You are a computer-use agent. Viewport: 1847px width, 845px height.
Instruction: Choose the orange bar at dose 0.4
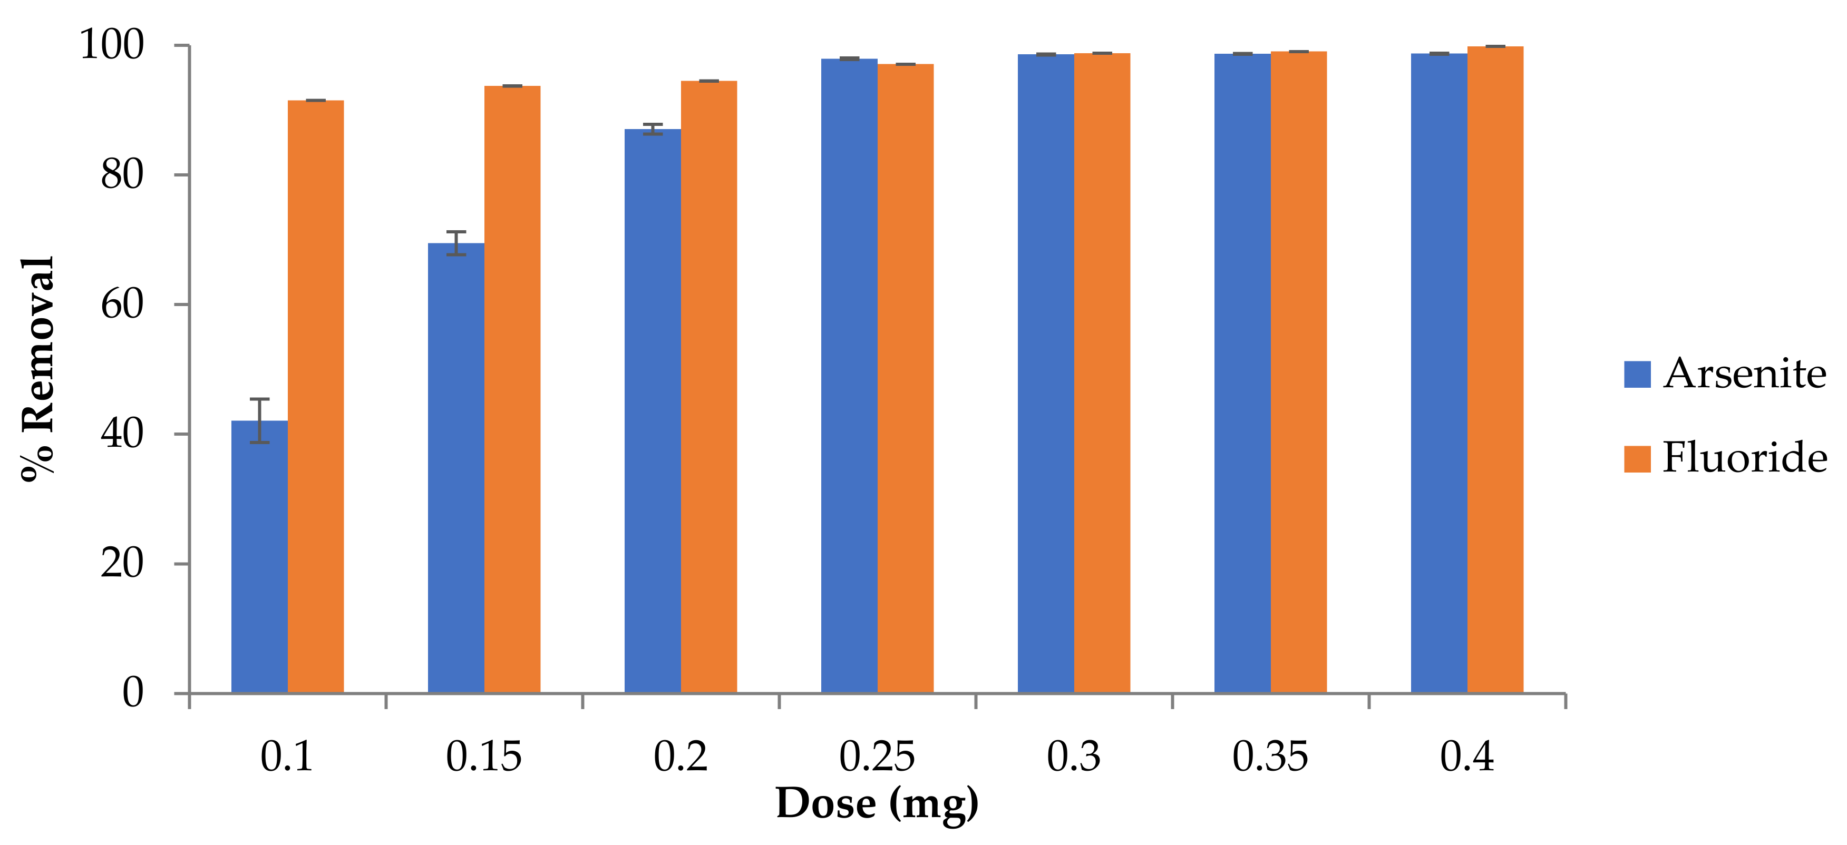(x=1495, y=369)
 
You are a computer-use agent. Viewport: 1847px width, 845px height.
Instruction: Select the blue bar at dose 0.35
(x=1242, y=372)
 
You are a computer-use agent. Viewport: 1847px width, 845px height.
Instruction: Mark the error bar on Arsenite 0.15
(x=456, y=243)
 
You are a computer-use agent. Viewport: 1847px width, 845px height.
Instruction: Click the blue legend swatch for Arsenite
(x=1637, y=374)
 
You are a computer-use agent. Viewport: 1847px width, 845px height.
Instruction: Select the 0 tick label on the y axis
(x=133, y=692)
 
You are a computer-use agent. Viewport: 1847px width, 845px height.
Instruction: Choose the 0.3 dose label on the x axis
(x=1073, y=757)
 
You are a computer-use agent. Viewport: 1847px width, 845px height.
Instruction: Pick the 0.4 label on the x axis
(x=1466, y=757)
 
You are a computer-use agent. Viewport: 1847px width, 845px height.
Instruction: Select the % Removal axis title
(x=38, y=369)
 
